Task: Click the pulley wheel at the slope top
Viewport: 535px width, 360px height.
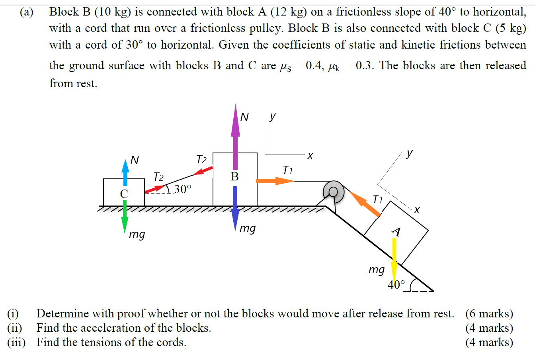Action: click(x=334, y=192)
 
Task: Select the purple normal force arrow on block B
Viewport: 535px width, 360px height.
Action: click(x=235, y=135)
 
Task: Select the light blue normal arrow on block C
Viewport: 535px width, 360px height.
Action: click(x=125, y=172)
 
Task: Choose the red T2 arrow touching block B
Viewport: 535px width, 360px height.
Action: click(x=203, y=171)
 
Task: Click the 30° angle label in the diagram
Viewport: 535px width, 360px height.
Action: click(x=182, y=189)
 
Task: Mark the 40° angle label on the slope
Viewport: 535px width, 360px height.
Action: click(x=396, y=285)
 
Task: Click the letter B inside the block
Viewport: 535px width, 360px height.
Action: click(x=235, y=176)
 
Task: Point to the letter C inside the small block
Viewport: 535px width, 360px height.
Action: click(x=124, y=194)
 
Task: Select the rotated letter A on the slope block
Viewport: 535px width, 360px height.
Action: click(x=396, y=231)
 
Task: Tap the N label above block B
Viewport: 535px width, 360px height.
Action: click(x=244, y=117)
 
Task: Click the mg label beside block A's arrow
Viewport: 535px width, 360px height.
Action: click(x=376, y=270)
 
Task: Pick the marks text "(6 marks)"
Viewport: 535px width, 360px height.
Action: click(x=489, y=314)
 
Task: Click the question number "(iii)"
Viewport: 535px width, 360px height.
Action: click(x=16, y=342)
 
